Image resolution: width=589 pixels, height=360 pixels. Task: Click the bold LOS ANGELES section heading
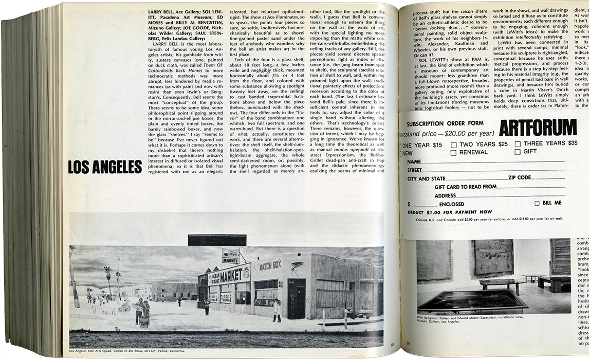(x=105, y=167)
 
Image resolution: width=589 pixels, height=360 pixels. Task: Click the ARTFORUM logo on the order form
(x=537, y=127)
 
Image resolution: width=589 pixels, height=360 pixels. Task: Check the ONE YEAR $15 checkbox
(x=400, y=146)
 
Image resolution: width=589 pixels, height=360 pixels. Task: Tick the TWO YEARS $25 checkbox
(x=454, y=145)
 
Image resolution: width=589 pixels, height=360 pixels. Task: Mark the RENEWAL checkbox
(x=454, y=152)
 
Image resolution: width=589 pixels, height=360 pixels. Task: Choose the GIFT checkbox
(x=518, y=152)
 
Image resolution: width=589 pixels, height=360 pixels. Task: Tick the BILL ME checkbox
(x=537, y=203)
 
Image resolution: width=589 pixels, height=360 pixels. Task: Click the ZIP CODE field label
(x=527, y=178)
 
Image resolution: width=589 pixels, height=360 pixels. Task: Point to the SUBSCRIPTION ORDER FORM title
(x=445, y=123)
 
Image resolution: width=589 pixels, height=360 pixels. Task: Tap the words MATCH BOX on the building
(x=270, y=265)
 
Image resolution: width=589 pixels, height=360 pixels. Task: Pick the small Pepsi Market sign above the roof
(x=230, y=256)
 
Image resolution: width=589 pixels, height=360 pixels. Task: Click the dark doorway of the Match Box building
(x=297, y=299)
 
